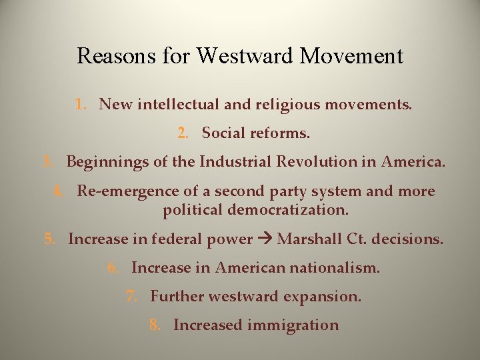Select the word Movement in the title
352,56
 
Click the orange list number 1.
80,105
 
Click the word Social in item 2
223,133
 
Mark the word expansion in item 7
324,297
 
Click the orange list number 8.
155,325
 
